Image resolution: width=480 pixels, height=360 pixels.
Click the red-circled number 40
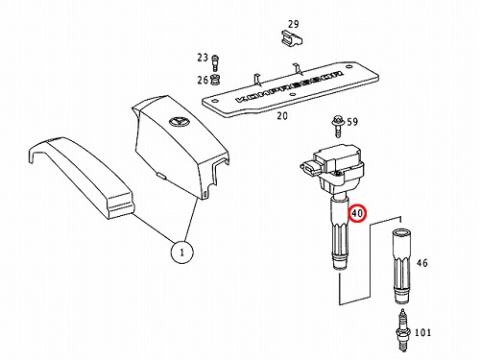coord(357,213)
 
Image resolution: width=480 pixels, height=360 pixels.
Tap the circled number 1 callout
coord(181,252)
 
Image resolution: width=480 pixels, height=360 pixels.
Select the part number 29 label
coord(293,24)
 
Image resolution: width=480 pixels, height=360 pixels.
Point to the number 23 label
coord(203,58)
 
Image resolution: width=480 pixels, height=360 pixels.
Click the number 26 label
coord(203,80)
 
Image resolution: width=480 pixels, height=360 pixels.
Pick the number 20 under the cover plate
coord(282,115)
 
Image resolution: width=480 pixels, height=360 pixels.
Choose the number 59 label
coord(352,122)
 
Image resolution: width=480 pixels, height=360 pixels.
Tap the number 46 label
coord(422,263)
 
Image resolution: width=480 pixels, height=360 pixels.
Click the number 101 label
coord(422,332)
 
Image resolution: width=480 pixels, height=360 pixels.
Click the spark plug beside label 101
coord(403,330)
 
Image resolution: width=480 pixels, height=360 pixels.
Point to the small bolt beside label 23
coord(214,63)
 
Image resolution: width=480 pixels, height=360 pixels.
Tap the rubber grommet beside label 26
coord(216,80)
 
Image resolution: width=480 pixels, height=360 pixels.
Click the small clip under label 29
coord(291,37)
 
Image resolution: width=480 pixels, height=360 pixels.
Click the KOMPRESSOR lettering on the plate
coord(289,86)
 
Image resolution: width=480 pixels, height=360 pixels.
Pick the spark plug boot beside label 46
coord(401,266)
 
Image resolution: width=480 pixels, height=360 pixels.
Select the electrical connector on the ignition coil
coord(310,168)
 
